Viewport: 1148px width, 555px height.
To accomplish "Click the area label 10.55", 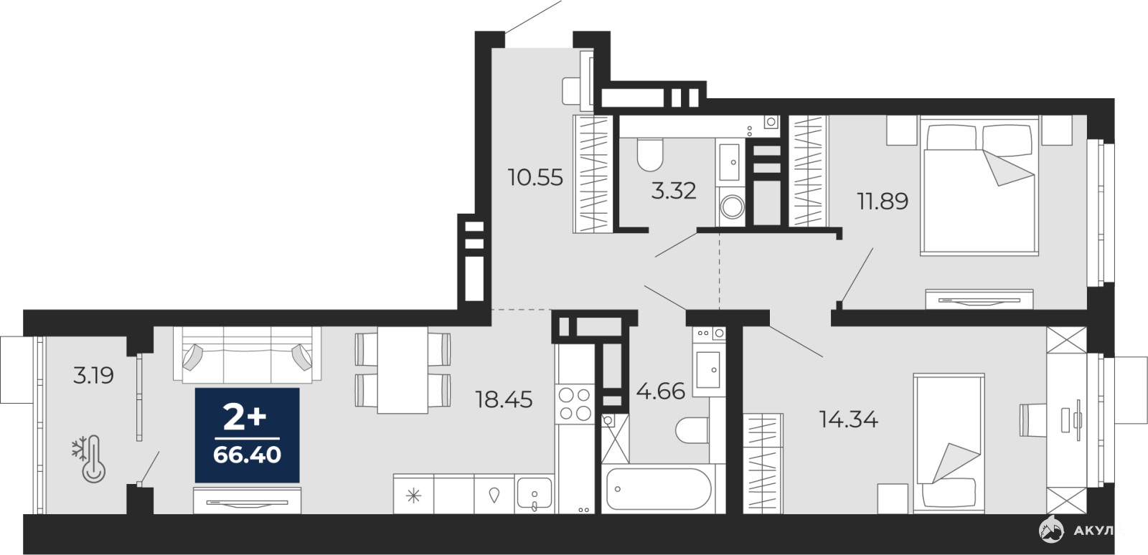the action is click(x=535, y=178).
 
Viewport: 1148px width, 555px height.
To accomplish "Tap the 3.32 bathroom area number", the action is click(x=674, y=191).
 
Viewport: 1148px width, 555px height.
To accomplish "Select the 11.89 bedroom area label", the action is click(x=883, y=201).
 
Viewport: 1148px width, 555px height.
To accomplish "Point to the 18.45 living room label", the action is click(x=504, y=399).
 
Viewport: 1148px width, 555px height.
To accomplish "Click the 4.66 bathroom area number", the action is click(x=661, y=392).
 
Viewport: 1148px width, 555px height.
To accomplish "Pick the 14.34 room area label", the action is click(x=849, y=419).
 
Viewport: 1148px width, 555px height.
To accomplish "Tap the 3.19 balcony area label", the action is click(x=93, y=376).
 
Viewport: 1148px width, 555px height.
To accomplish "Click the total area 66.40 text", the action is click(x=247, y=455).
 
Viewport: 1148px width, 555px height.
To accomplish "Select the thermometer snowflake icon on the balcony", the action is click(x=89, y=459).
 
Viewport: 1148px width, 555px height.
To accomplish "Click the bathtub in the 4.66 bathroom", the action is click(x=658, y=490).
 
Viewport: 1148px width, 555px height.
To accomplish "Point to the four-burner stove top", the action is click(x=575, y=404).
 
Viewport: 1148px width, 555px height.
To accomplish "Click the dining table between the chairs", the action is click(x=403, y=370).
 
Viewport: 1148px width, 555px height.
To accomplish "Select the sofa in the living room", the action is click(x=247, y=354).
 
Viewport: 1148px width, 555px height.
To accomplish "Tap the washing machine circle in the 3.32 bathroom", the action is click(x=732, y=207).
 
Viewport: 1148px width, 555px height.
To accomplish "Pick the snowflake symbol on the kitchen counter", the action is click(x=413, y=495).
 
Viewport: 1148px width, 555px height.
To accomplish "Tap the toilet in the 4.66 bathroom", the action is click(x=692, y=430).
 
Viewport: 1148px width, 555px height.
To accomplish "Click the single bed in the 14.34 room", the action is click(x=949, y=443).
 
